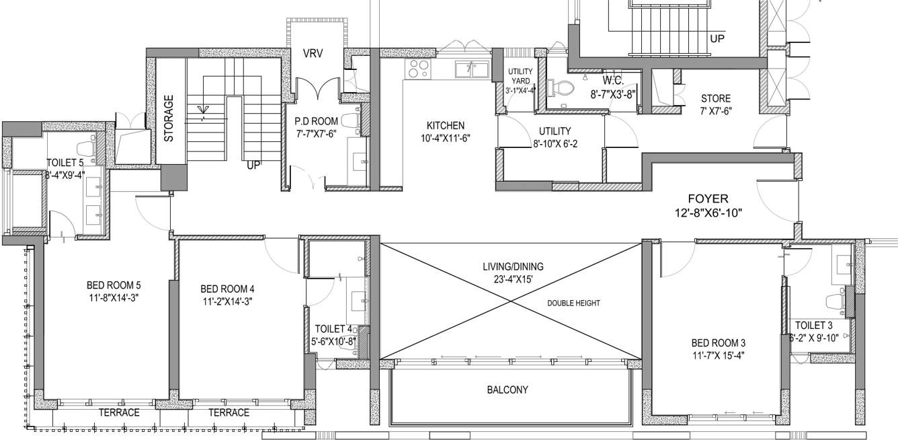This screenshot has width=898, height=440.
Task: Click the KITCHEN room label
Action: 446,125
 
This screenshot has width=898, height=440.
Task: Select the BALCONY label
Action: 507,390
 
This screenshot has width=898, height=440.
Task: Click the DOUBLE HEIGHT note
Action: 573,303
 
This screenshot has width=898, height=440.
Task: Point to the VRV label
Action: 314,54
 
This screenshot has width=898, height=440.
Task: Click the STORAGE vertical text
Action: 169,118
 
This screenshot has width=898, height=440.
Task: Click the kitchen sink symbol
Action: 471,69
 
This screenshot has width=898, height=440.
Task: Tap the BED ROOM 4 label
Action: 227,289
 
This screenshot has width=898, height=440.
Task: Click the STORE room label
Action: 715,99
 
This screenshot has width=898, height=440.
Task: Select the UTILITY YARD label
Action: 520,76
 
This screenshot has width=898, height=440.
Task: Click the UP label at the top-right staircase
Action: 717,39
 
